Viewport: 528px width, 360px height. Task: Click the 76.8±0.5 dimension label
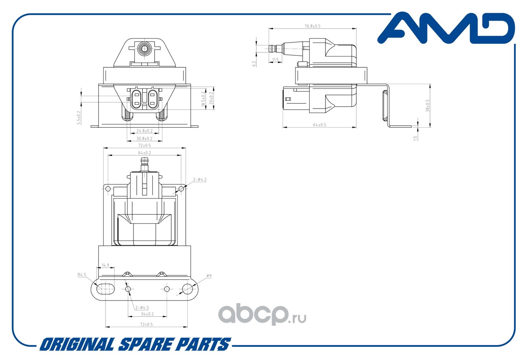[312, 26]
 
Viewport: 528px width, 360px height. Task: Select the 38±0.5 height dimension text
[428, 106]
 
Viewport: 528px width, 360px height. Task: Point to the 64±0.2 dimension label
[144, 153]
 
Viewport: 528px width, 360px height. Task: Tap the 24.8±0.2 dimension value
[144, 131]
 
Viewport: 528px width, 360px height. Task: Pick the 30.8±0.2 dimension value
[144, 139]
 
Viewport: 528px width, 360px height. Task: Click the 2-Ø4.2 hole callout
[200, 180]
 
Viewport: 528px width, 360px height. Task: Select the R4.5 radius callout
[81, 274]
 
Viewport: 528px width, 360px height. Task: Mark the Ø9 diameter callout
[209, 276]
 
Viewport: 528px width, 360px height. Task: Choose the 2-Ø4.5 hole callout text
[141, 308]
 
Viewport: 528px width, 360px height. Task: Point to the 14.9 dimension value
[105, 265]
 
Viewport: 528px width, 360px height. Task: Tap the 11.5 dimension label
[275, 60]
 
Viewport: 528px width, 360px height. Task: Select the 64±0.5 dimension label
[319, 125]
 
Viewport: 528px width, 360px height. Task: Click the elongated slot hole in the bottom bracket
[106, 289]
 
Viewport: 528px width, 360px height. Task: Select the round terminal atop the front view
[144, 49]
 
